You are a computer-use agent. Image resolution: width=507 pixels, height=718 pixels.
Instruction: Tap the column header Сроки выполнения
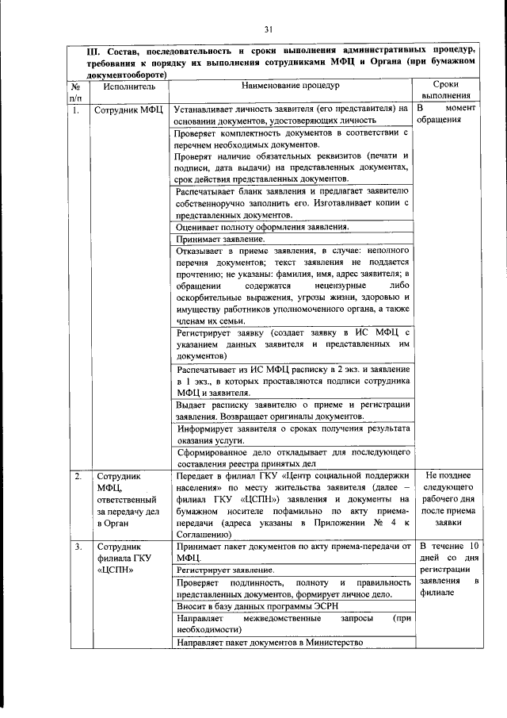448,90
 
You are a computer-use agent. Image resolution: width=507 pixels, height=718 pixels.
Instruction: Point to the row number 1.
76,110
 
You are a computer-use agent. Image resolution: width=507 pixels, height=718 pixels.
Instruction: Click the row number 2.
77,476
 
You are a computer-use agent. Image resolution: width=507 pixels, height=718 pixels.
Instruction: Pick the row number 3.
77,547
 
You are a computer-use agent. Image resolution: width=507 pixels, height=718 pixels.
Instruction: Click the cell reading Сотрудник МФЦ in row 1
128,110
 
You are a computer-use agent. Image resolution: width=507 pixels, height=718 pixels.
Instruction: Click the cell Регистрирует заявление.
226,570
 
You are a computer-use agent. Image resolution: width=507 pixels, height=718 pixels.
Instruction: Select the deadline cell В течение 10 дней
448,564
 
